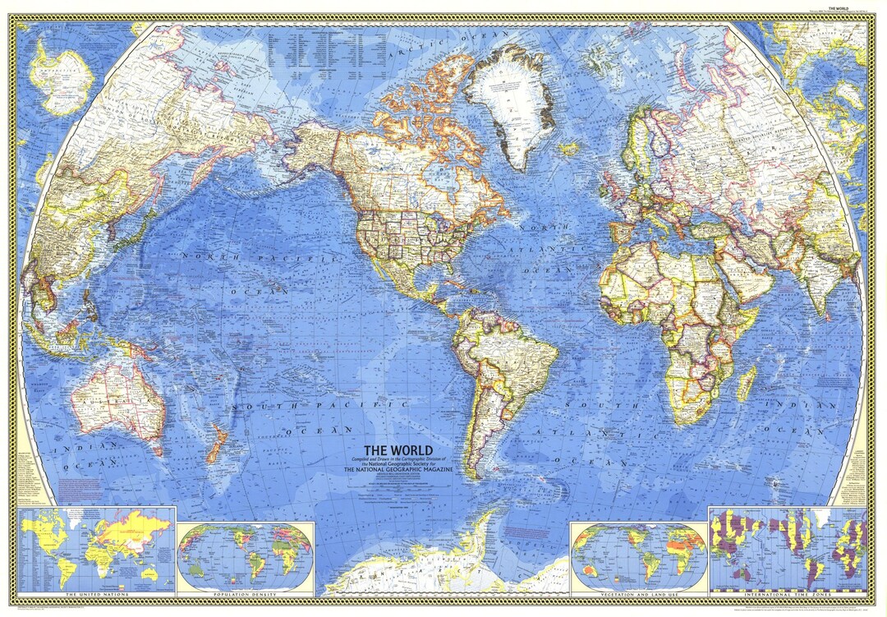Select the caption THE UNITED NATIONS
(97, 592)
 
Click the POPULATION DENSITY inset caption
(246, 592)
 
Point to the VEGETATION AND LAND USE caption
(639, 592)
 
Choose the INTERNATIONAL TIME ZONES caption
(788, 592)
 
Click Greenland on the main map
(507, 103)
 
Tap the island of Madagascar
(746, 384)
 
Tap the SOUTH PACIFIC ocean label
(320, 405)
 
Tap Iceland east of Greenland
(569, 150)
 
